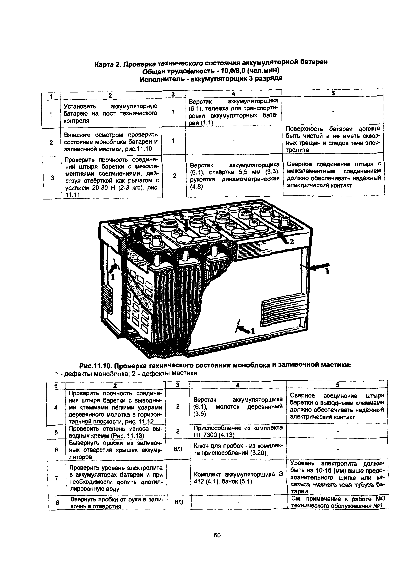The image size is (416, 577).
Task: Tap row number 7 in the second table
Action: [56, 479]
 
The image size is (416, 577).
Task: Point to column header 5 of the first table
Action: [333, 93]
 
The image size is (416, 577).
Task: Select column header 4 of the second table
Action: [238, 385]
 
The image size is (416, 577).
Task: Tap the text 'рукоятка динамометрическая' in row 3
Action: [235, 179]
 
